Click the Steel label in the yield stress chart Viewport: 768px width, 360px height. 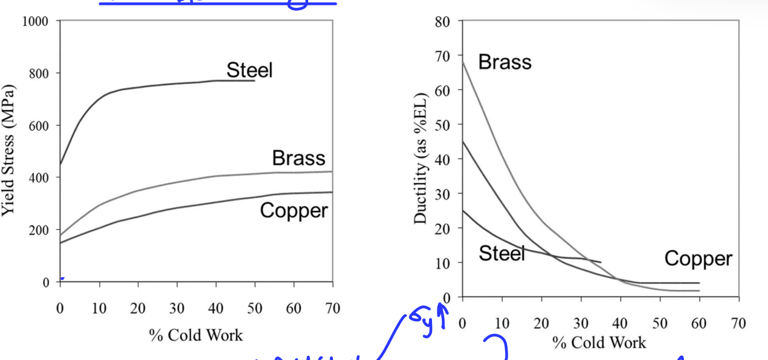pos(250,70)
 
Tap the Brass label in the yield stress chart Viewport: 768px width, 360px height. pos(298,158)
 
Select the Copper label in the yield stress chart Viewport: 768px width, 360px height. pos(294,211)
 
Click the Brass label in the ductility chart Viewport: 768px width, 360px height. pos(505,62)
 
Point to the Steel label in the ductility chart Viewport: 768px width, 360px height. pos(502,253)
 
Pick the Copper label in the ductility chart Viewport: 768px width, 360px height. pos(698,259)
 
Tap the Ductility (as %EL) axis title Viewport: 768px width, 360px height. pos(421,158)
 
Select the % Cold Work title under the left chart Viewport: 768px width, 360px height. pos(196,335)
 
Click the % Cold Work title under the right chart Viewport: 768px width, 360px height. pos(599,342)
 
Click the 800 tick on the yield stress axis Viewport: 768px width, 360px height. pos(39,74)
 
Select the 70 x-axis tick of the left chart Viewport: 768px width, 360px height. pos(332,309)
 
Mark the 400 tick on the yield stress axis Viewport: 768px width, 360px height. pos(39,178)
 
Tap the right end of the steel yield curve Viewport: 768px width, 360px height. pos(254,80)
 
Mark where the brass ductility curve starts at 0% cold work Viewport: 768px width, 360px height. pos(463,62)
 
